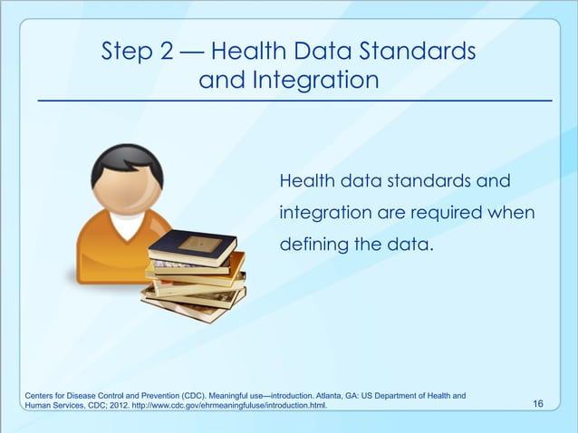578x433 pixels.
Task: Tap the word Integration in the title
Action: (x=321, y=82)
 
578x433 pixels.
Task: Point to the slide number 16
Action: (x=538, y=403)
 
